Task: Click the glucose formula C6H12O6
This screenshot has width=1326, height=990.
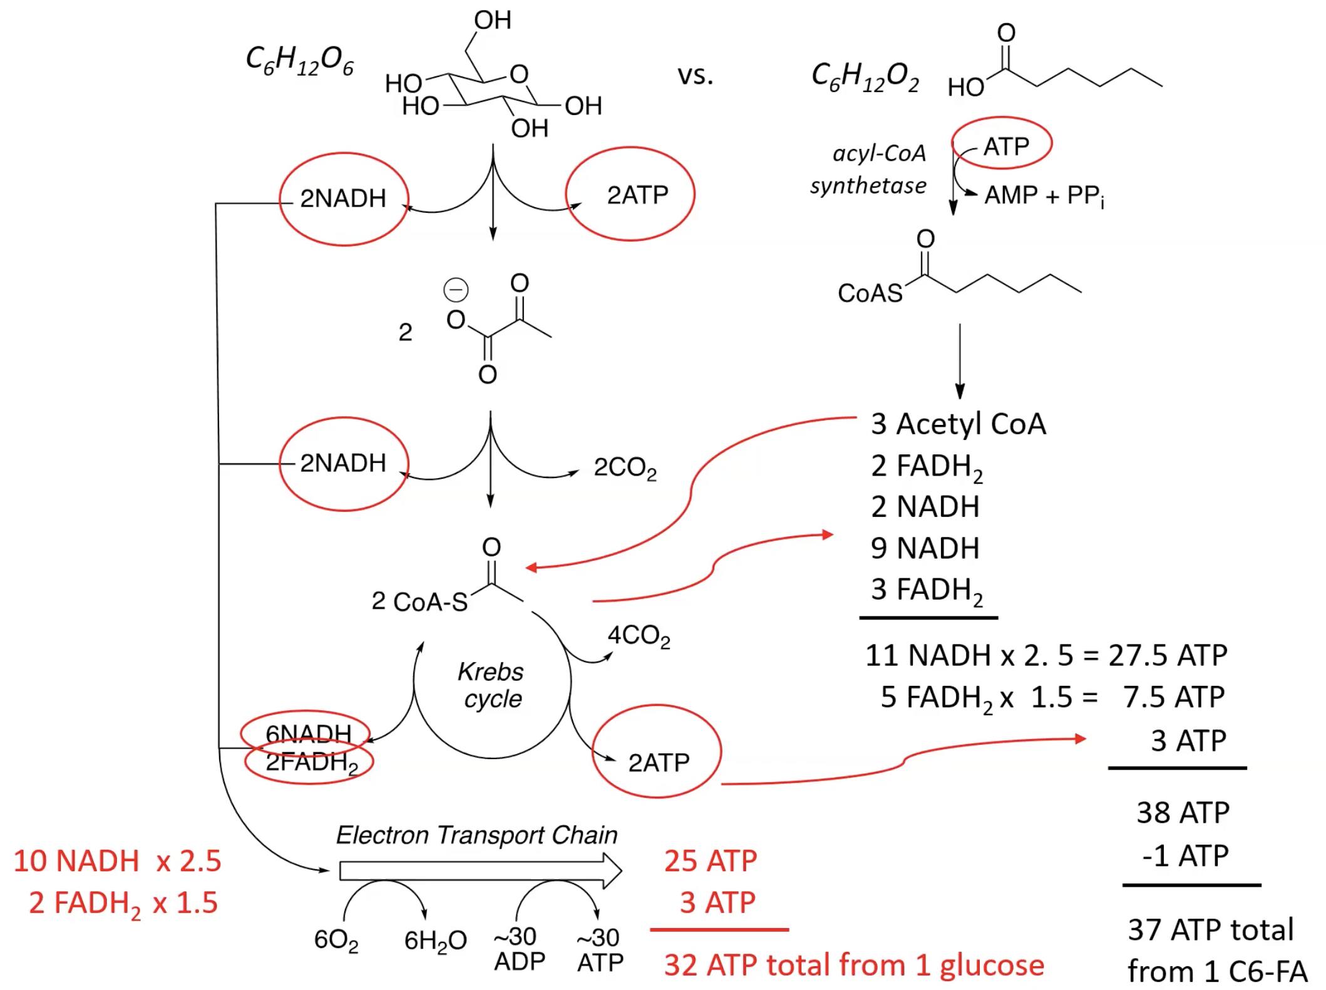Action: click(x=299, y=61)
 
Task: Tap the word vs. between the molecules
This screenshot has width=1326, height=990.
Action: click(x=695, y=75)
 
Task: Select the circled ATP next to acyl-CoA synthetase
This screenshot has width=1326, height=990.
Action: click(x=1005, y=146)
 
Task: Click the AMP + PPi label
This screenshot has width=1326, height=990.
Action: click(x=1044, y=195)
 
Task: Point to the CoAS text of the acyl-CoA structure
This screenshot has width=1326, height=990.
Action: click(x=870, y=293)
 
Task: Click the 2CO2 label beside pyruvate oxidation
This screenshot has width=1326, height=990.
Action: click(x=624, y=467)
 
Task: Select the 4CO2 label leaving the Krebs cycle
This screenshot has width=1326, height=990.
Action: click(x=638, y=636)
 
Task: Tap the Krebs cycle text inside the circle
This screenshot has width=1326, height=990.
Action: click(x=491, y=685)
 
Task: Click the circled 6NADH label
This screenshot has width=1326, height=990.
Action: click(x=307, y=733)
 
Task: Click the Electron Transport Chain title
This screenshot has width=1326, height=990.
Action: click(x=476, y=835)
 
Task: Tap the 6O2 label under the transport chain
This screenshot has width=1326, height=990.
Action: click(x=336, y=939)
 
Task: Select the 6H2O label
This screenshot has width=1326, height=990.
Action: click(x=435, y=940)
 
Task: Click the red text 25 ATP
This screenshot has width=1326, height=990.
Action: click(x=710, y=860)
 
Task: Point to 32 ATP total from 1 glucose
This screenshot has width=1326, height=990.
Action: click(x=853, y=964)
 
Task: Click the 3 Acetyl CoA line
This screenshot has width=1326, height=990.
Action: click(x=957, y=424)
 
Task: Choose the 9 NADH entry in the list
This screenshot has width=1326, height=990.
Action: click(x=924, y=548)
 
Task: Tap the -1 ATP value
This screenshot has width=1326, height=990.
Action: click(x=1185, y=855)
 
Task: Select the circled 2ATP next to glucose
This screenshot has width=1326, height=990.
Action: click(x=637, y=195)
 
